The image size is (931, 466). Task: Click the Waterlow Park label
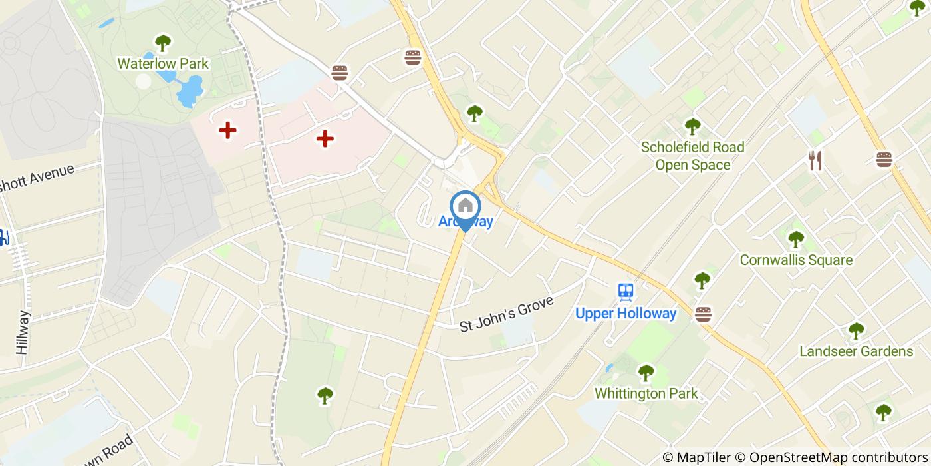(163, 64)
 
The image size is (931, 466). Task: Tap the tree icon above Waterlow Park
(163, 43)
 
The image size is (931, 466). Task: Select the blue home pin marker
(465, 208)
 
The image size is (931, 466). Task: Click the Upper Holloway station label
(626, 314)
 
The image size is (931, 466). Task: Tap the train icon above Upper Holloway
(626, 292)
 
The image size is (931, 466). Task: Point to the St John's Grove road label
(507, 314)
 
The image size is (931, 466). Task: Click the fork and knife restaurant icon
(815, 160)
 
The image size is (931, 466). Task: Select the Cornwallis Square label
(796, 260)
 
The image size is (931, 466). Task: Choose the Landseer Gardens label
(856, 351)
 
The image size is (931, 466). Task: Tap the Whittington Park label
(646, 393)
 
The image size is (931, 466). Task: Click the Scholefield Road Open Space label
(692, 156)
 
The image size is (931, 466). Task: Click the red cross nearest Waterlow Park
(228, 130)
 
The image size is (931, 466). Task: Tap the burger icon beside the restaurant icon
(884, 160)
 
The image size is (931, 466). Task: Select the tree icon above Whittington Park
(646, 373)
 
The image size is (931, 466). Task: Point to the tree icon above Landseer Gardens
(856, 330)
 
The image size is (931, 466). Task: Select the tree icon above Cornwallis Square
(796, 239)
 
